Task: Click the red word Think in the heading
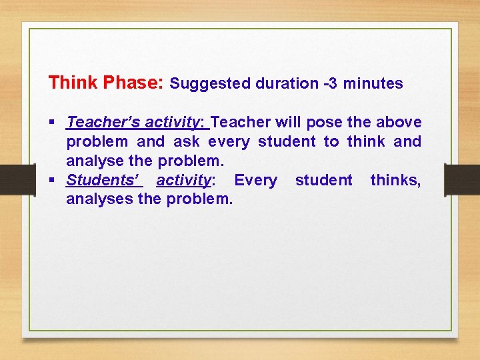(73, 83)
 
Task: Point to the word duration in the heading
(283, 83)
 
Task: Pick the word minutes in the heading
(373, 83)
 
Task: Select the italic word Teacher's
(103, 122)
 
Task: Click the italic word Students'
(103, 180)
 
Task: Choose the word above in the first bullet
(399, 122)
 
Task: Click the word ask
(186, 141)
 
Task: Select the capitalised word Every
(255, 180)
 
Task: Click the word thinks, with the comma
(395, 180)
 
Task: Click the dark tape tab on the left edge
(10, 179)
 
